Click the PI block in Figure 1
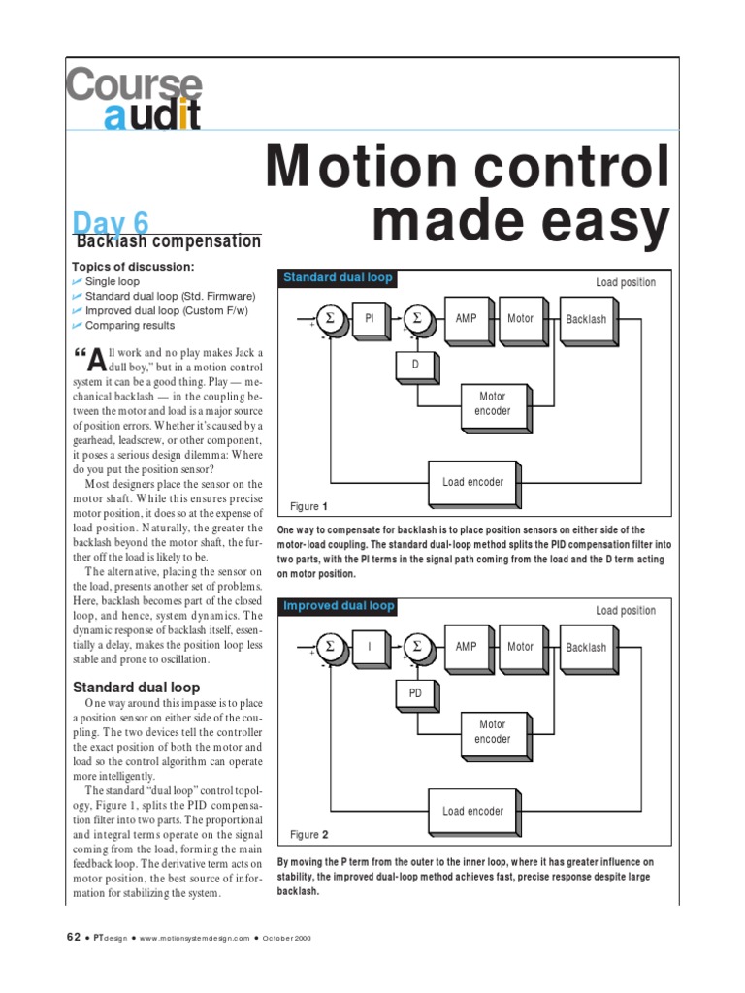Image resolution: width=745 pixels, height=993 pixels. (x=369, y=319)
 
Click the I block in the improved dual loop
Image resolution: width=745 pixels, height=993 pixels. (x=369, y=648)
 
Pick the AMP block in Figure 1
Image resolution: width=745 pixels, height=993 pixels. (x=467, y=318)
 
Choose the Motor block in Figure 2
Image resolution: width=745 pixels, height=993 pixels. (x=521, y=647)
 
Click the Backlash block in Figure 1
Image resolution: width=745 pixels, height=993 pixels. (x=586, y=319)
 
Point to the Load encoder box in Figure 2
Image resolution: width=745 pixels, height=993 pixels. (x=472, y=811)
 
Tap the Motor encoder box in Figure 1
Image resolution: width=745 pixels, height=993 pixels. (x=493, y=403)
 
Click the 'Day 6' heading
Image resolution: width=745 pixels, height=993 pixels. (x=111, y=222)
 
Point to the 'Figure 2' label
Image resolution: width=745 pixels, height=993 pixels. (x=309, y=835)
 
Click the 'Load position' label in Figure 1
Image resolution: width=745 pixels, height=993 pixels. (x=626, y=283)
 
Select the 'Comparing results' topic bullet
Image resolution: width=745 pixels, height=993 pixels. (x=130, y=326)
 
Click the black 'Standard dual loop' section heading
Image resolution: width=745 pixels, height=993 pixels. (x=137, y=687)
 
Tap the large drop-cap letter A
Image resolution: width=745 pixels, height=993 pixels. (x=95, y=361)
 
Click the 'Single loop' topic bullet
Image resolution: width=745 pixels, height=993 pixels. (x=113, y=281)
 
